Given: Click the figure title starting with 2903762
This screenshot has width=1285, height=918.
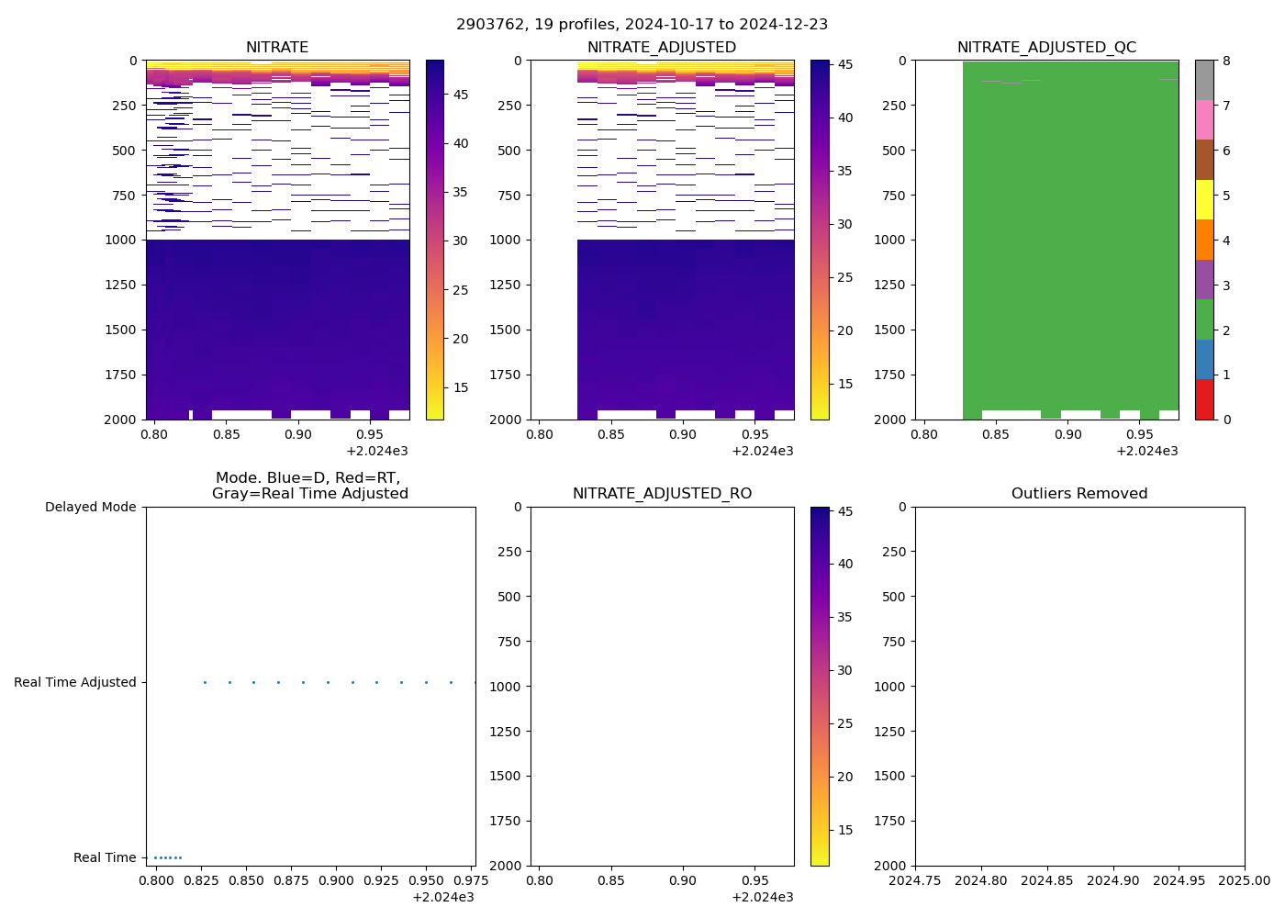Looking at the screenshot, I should click(642, 24).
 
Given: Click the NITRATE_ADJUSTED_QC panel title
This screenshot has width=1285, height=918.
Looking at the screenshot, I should click(1046, 48).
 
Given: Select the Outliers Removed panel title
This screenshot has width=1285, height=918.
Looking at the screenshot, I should click(1079, 494).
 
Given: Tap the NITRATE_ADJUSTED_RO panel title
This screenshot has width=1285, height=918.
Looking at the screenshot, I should click(662, 494).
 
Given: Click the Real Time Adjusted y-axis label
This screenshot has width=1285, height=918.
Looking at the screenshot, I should click(75, 682).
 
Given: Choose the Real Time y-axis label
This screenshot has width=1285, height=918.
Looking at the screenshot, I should click(105, 857).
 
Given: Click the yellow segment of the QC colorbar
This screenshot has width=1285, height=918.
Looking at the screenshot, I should click(1204, 200).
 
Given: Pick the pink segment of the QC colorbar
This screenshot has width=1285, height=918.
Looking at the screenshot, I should click(1204, 120).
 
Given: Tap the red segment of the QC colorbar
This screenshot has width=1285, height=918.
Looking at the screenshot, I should click(1204, 399).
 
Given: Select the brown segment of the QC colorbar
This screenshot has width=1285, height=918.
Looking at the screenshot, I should click(1204, 160).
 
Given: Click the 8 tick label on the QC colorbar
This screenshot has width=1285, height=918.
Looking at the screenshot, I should click(1226, 61).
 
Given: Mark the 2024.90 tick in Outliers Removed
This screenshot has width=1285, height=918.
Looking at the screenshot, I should click(1113, 880).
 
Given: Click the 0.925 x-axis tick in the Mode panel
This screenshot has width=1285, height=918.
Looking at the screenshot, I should click(376, 880).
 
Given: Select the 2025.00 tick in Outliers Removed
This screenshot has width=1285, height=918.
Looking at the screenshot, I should click(1245, 880).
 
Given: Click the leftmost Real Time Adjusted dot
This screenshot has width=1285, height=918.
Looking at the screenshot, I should click(205, 682).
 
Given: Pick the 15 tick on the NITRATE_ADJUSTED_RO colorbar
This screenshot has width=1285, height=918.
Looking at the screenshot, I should click(844, 830).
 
